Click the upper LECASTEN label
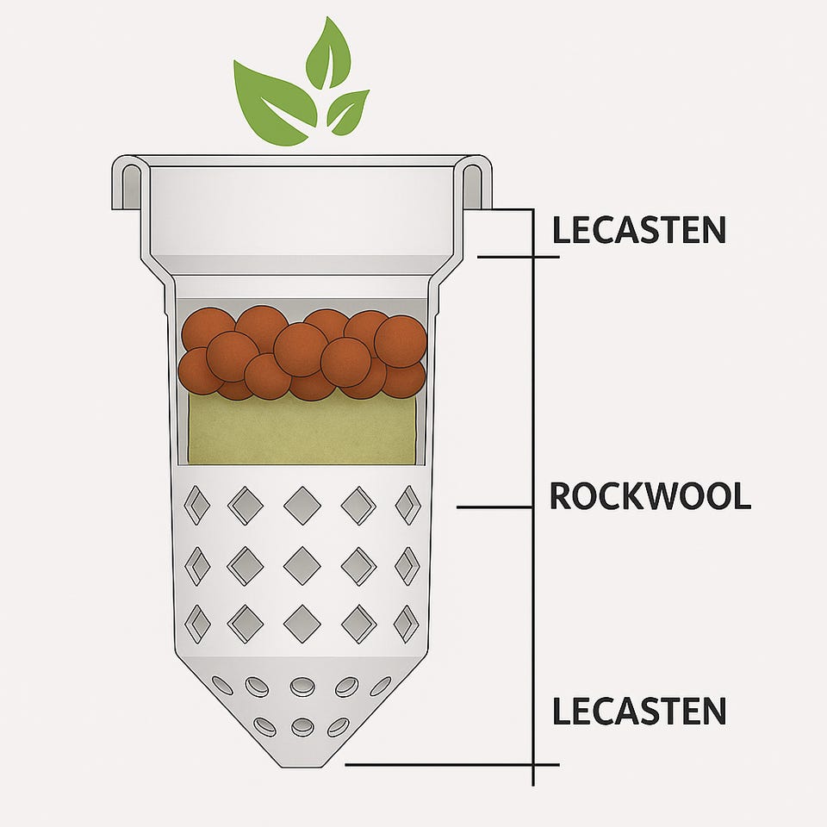coord(638,230)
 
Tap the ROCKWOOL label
coord(650,497)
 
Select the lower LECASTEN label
coord(638,712)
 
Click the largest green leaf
coord(273,101)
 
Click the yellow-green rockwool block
coord(302,431)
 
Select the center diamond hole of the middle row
coord(302,565)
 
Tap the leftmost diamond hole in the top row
coord(197,505)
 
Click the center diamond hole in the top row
coord(302,505)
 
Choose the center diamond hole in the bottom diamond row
coord(302,623)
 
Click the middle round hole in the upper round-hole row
coord(302,687)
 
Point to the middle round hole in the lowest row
coord(302,727)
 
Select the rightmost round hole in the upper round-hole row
coord(380,686)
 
